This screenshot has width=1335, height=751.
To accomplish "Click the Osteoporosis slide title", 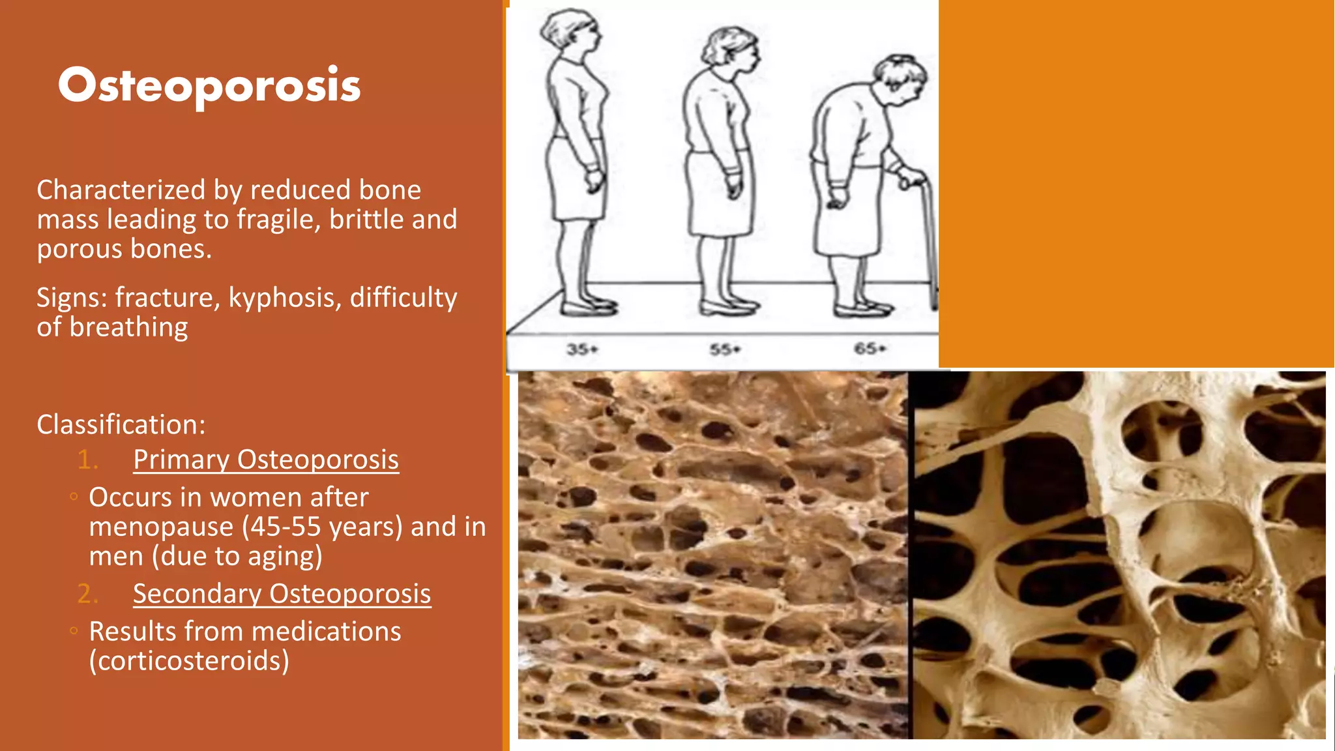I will point(209,85).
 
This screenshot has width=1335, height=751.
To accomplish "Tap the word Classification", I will point(121,425).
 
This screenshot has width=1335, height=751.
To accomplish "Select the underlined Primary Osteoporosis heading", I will point(266,460).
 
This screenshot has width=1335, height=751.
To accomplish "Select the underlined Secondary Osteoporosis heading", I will point(282,594).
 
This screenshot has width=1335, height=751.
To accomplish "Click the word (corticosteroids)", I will point(189,661).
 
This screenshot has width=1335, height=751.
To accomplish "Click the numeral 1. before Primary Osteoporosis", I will point(87,460).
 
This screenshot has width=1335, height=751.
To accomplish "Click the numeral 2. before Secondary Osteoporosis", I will point(87,594).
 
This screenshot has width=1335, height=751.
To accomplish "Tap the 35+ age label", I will point(581,349).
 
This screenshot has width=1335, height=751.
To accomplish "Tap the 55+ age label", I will point(725,350).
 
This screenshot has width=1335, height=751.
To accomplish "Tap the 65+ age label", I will point(870,349).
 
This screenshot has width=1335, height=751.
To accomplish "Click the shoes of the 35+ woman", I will point(589,306).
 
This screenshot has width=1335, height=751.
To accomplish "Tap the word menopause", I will point(161,527).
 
